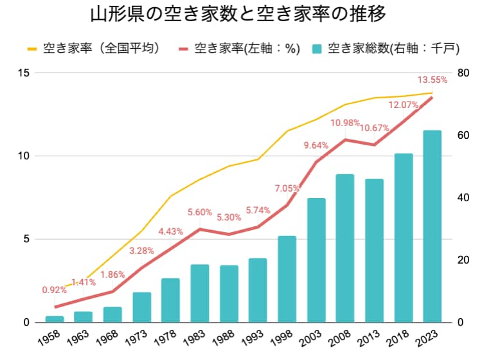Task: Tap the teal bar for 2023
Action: tap(433, 226)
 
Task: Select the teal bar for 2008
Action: tap(345, 248)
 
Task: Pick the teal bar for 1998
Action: tap(287, 279)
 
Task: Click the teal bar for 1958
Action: tap(55, 319)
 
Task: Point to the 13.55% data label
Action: tap(433, 80)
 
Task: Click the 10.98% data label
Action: tap(346, 123)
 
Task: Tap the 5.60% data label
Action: tap(199, 212)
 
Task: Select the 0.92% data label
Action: tap(55, 289)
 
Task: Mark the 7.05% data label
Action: tap(287, 188)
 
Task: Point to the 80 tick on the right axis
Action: tap(458, 73)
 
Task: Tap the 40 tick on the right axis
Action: tap(458, 197)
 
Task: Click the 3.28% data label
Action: tap(142, 251)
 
